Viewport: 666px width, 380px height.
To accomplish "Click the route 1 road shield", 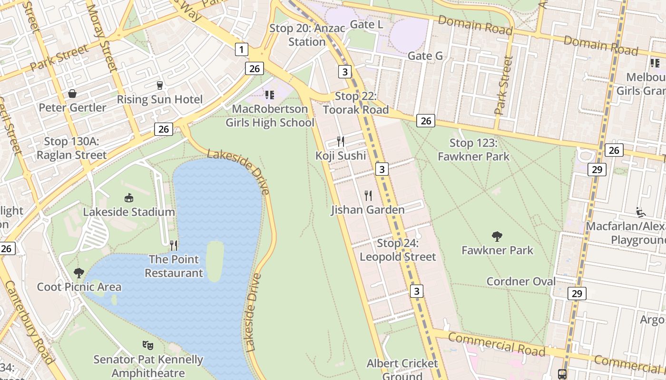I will [x=242, y=49].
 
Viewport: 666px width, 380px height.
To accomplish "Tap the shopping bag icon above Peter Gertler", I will [x=72, y=94].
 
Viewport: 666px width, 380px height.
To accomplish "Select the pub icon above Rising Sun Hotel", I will [x=160, y=85].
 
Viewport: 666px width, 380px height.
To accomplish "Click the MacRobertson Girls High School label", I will [x=270, y=116].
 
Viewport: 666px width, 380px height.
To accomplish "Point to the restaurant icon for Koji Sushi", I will [x=341, y=141].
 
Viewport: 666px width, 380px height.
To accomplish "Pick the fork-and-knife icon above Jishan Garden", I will [x=368, y=195].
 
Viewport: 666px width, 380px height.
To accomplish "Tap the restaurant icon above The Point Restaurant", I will [x=174, y=245].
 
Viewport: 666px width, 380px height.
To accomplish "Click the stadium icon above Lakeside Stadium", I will [x=128, y=198].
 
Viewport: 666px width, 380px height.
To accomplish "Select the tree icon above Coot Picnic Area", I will [x=79, y=273].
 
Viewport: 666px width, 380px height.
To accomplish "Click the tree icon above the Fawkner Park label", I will [x=497, y=236].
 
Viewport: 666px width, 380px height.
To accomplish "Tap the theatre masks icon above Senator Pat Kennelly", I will [x=148, y=345].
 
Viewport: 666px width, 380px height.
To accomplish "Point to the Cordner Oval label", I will [x=521, y=281].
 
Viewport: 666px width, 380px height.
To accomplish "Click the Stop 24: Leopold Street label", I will [x=398, y=250].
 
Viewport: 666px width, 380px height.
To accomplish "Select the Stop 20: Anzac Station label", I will [x=307, y=35].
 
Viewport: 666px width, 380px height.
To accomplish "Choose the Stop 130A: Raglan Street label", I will [x=71, y=148].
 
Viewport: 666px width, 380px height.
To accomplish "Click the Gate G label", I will [x=425, y=56].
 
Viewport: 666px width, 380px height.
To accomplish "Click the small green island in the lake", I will [x=215, y=260].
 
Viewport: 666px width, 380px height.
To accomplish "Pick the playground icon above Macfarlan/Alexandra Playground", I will [x=640, y=212].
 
